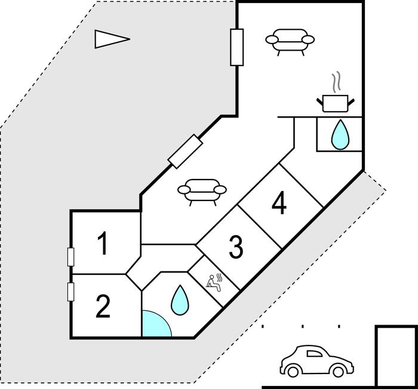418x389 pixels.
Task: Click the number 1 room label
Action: [x=103, y=245]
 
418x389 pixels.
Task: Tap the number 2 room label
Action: [x=103, y=308]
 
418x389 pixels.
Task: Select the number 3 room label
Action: [x=236, y=248]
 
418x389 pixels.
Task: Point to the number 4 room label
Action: [x=279, y=205]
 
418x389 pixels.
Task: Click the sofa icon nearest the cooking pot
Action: [x=290, y=42]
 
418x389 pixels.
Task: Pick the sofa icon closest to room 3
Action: [x=202, y=192]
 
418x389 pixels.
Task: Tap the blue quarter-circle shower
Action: [x=155, y=325]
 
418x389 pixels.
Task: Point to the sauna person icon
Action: [x=214, y=281]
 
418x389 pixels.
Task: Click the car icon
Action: [x=316, y=360]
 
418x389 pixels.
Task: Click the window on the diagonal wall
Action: [x=185, y=152]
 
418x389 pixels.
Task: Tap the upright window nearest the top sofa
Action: [x=236, y=47]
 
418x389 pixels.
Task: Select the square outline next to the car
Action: [x=395, y=357]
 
